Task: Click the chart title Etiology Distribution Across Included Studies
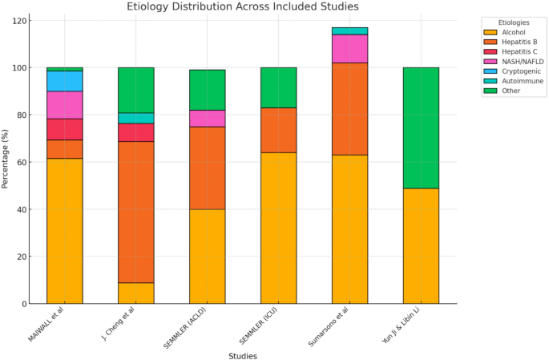pos(251,7)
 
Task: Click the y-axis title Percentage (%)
pos(6,160)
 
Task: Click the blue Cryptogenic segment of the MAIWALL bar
pos(65,81)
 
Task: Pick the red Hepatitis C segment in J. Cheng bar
pos(136,132)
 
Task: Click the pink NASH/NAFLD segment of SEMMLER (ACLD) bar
pos(208,118)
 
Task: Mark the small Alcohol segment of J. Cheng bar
pos(136,293)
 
